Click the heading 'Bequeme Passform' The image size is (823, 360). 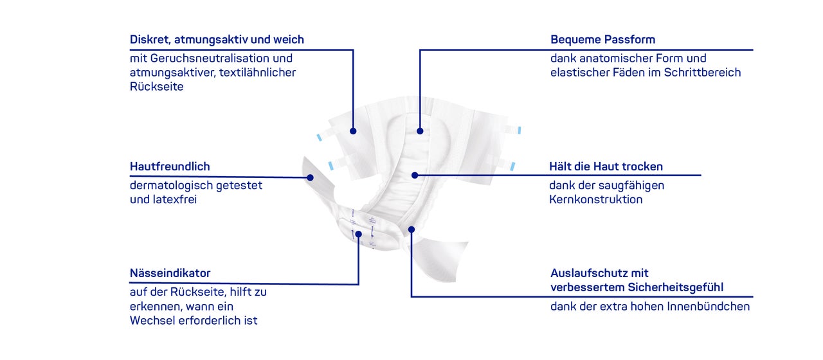click(602, 39)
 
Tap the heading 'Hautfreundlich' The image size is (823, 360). click(170, 166)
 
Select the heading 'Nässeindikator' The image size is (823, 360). click(170, 273)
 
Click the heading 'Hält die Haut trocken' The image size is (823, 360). click(606, 166)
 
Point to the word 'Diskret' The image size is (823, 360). click(150, 40)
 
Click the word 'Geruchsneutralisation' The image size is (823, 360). click(210, 58)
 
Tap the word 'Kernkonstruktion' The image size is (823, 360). click(596, 199)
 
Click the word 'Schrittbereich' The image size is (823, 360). click(702, 73)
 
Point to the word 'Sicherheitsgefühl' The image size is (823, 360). click(676, 287)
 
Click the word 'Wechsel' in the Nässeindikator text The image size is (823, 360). click(152, 320)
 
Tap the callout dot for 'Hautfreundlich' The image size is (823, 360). click(310, 178)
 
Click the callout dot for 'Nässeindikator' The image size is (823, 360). click(359, 234)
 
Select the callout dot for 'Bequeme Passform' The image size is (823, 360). click(420, 130)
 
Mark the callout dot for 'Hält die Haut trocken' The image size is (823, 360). click(415, 175)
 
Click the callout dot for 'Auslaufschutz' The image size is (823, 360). click(411, 230)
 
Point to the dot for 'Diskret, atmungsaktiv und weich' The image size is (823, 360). click(353, 130)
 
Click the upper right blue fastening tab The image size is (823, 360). click(519, 130)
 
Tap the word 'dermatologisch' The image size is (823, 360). click(171, 186)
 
